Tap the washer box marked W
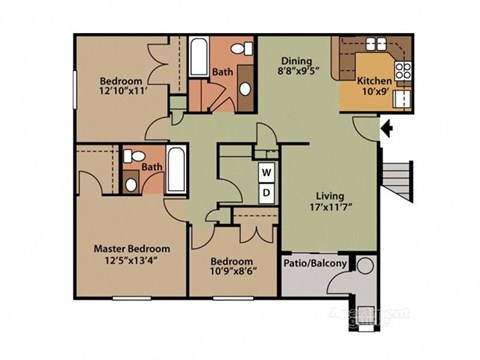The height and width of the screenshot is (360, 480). coord(266,172)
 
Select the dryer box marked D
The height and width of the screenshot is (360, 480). coord(266,191)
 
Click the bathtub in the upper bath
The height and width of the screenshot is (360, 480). coord(197,57)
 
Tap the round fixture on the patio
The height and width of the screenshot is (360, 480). coord(365,267)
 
